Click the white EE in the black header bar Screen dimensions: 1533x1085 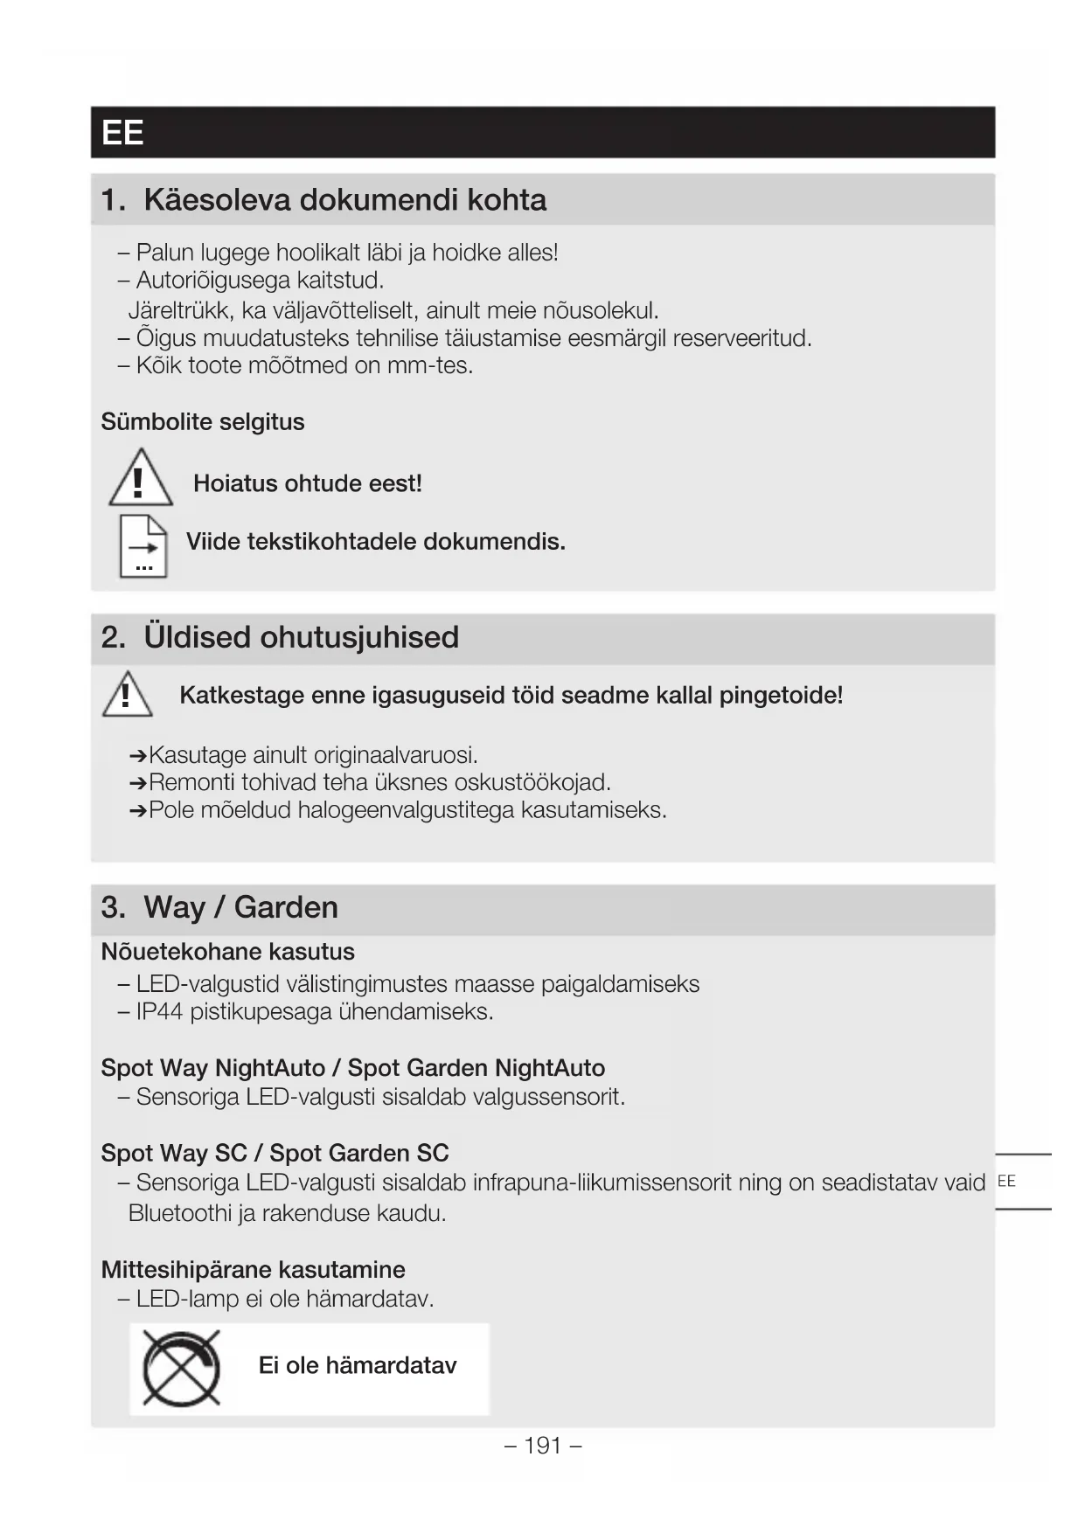pos(122,133)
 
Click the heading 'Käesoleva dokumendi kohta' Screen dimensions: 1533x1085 pos(344,200)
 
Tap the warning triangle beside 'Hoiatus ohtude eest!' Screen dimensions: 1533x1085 pos(140,478)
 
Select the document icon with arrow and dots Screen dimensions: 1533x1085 pos(143,546)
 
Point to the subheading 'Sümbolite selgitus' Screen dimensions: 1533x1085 pos(203,422)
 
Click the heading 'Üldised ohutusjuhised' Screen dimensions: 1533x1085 pos(301,637)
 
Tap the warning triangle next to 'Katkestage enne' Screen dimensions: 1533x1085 pos(128,695)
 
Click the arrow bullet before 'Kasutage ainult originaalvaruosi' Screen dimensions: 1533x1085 pos(137,755)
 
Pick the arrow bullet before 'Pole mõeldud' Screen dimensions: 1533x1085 pos(137,811)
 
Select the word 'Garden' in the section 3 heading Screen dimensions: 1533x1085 pos(286,907)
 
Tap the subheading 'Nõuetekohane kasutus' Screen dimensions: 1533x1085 pos(227,952)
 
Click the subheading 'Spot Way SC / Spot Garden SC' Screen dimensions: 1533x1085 pos(275,1154)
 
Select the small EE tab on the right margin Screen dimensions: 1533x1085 pos(1006,1182)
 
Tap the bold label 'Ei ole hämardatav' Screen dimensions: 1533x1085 pos(357,1366)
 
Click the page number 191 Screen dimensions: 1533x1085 pos(542,1446)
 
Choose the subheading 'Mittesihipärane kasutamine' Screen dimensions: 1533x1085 pos(253,1270)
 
